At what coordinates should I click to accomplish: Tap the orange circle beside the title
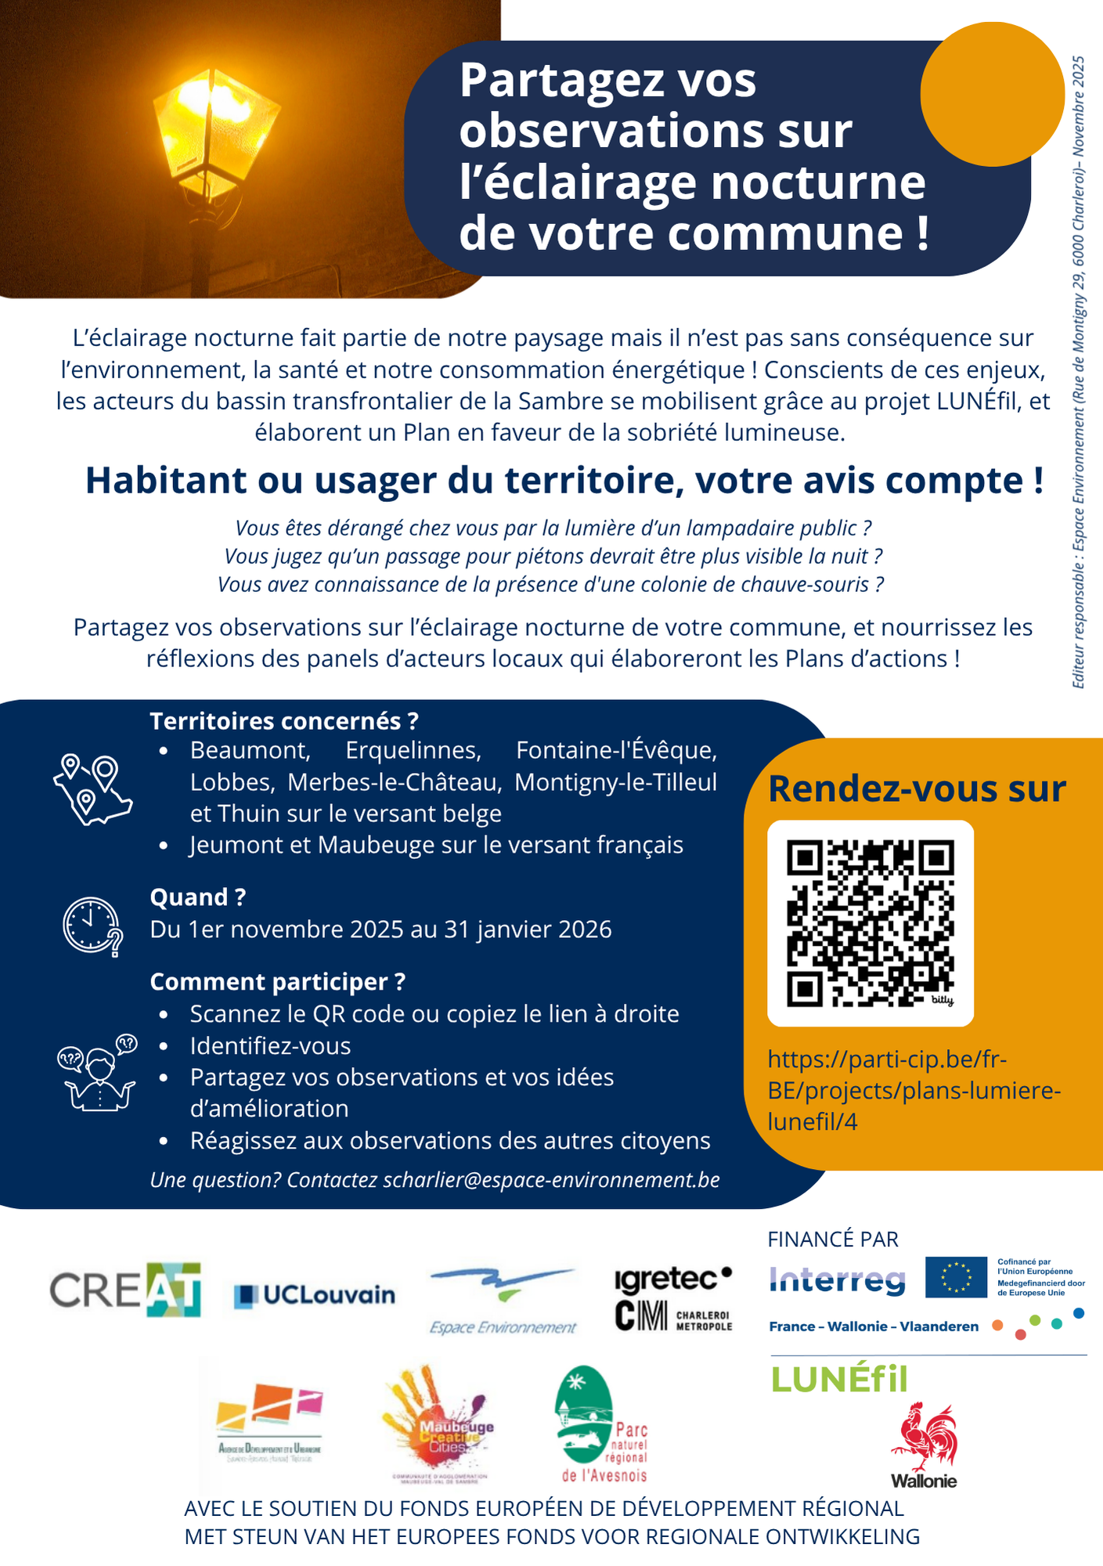pos(992,94)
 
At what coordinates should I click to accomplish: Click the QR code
pos(870,923)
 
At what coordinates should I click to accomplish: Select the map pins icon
pos(92,789)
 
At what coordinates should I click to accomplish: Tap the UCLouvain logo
pos(315,1295)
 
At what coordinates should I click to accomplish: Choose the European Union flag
pos(956,1277)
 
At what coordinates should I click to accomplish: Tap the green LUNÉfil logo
pos(839,1379)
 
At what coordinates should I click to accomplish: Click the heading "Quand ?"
pos(198,897)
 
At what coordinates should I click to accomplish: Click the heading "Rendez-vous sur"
pos(917,789)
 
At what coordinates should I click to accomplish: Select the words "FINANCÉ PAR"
pos(833,1239)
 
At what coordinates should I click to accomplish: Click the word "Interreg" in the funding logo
pos(838,1280)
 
